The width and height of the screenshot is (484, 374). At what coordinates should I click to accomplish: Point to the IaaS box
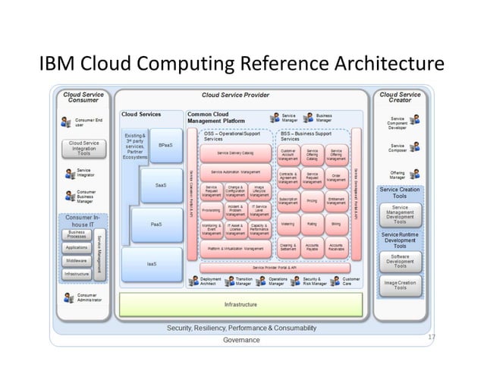tap(152, 263)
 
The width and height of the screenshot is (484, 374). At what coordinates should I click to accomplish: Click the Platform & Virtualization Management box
tap(234, 248)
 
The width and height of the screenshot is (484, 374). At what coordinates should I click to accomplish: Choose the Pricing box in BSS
tap(312, 201)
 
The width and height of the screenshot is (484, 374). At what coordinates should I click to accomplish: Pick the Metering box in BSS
tap(288, 225)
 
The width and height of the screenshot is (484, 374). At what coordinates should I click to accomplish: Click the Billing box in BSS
tap(336, 225)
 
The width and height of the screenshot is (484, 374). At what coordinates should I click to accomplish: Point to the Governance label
tap(241, 341)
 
